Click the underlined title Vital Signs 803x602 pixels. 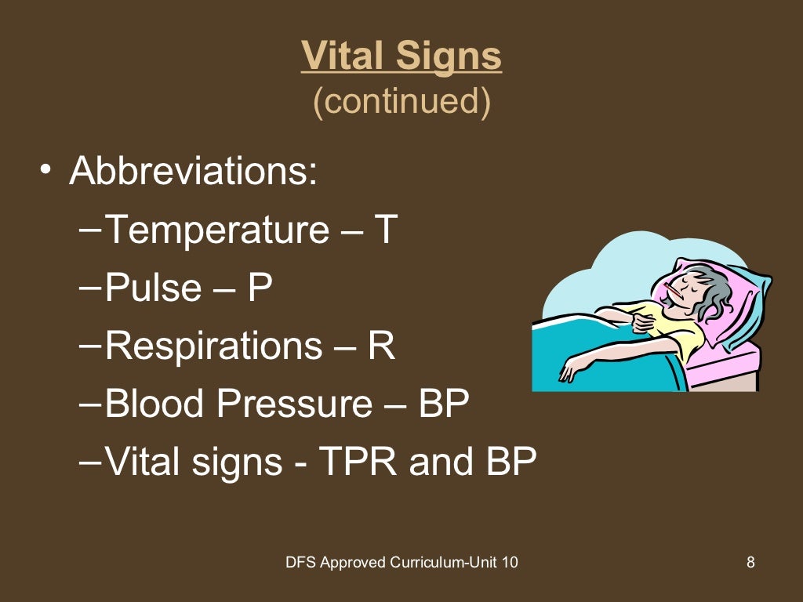click(x=401, y=56)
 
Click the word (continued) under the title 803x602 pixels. click(x=401, y=102)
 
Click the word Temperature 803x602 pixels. click(x=217, y=230)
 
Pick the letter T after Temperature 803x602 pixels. click(x=385, y=230)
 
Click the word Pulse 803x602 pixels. click(x=154, y=288)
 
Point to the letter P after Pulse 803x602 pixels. click(x=260, y=288)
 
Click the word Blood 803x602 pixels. click(x=154, y=404)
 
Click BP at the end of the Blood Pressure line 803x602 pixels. click(x=443, y=404)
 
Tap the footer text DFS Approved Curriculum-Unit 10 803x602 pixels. click(x=401, y=562)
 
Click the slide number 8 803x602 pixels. click(x=750, y=562)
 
